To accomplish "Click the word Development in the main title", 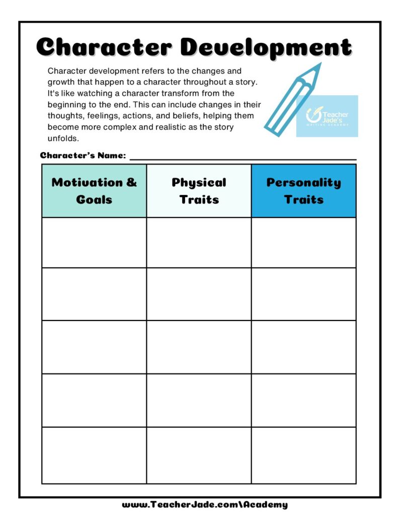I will (266, 47).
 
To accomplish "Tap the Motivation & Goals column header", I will (94, 190).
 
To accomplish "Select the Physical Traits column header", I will (199, 190).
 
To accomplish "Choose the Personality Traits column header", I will (303, 190).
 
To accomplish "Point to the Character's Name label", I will (83, 155).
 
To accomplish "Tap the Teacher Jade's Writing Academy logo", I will (327, 116).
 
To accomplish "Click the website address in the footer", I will (205, 504).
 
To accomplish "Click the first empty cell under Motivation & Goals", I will (94, 242).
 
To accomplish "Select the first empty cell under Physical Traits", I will (199, 242).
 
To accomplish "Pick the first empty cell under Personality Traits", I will (303, 242).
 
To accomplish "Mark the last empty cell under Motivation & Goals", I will (94, 455).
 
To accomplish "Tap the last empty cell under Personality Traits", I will (303, 455).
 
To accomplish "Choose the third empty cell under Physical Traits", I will (199, 347).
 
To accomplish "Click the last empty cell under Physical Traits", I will (199, 455).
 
